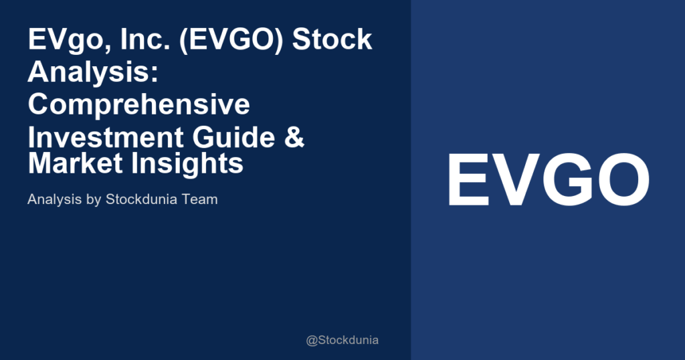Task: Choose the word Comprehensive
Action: [138, 105]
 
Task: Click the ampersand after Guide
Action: [295, 137]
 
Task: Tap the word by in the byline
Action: [91, 199]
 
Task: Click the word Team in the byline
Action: [199, 199]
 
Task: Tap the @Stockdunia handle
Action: [342, 340]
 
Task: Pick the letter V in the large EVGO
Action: [514, 180]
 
